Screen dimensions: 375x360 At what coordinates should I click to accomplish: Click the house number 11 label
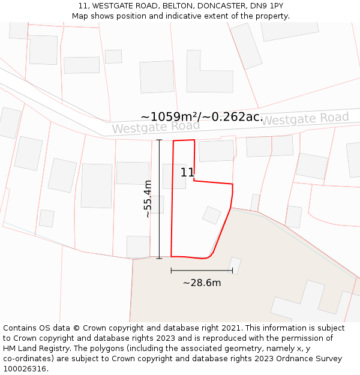point(187,173)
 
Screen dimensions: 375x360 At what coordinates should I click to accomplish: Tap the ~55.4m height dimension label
point(148,199)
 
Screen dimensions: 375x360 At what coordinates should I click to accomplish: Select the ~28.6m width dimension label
point(202,283)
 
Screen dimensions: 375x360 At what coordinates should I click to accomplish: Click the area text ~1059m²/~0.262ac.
point(202,117)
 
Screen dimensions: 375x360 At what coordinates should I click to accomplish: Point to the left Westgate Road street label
point(155,127)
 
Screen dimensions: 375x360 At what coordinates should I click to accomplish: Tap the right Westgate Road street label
point(305,119)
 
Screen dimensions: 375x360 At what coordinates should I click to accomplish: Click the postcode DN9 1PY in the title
point(268,6)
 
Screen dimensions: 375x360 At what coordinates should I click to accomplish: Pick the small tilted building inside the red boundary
point(212,215)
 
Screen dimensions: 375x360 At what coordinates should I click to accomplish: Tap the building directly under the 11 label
point(174,177)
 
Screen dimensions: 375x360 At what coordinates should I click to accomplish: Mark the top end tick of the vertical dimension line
point(159,140)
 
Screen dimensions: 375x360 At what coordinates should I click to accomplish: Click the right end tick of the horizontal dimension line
point(233,271)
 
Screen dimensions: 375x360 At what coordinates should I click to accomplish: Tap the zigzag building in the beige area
point(312,303)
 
